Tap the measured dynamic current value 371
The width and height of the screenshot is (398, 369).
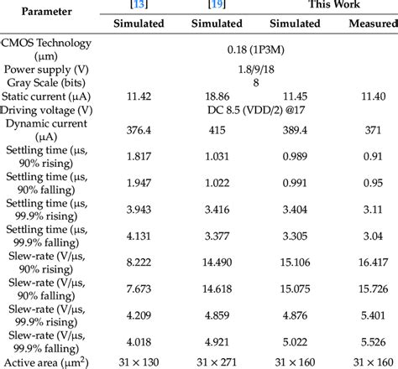371,133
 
